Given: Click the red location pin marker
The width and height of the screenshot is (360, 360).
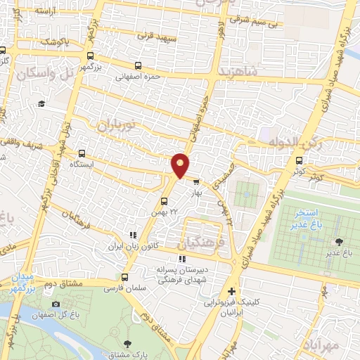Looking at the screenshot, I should point(180,165).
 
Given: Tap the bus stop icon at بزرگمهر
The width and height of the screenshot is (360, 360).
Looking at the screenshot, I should point(89,56).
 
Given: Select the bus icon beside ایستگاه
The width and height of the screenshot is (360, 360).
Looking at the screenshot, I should point(82,153).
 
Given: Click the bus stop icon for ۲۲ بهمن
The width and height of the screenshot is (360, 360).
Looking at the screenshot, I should point(164,202).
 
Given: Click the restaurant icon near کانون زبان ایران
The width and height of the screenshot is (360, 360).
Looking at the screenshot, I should point(131,236).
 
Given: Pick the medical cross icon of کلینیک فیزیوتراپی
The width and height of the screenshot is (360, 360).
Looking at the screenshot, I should point(231,291).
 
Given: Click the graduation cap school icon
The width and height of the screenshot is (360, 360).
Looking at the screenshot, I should point(41,104).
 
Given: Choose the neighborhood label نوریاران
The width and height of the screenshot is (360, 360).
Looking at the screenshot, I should point(115,124).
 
